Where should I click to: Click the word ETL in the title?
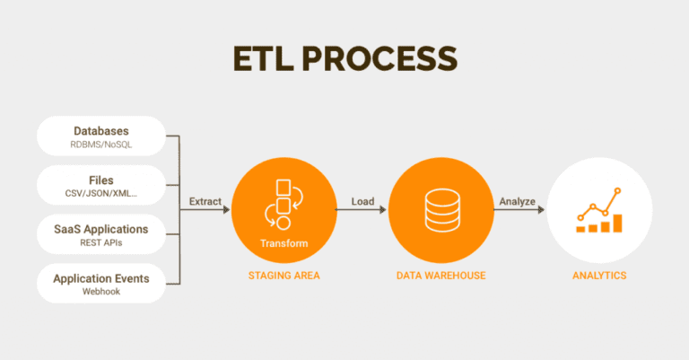(x=263, y=58)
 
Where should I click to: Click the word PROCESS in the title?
(x=379, y=58)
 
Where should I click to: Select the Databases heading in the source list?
(x=101, y=131)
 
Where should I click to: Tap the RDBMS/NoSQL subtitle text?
(x=101, y=145)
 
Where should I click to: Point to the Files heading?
(x=101, y=180)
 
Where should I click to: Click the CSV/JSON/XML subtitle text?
(x=101, y=193)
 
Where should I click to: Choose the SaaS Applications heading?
(x=101, y=230)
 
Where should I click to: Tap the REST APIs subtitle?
(x=101, y=242)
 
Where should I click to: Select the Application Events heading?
(x=101, y=278)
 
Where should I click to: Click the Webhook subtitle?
(x=101, y=292)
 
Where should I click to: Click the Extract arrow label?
(x=205, y=201)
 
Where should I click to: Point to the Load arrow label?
(x=362, y=201)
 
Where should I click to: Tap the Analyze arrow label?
(x=517, y=201)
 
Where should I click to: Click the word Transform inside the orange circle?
(x=283, y=243)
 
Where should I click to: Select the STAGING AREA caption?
(x=283, y=276)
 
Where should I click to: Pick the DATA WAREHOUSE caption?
(x=440, y=276)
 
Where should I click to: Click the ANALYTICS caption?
(x=599, y=276)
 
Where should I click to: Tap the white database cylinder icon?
(x=442, y=210)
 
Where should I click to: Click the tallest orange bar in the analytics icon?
(x=617, y=223)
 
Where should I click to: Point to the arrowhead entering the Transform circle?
(x=227, y=210)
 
